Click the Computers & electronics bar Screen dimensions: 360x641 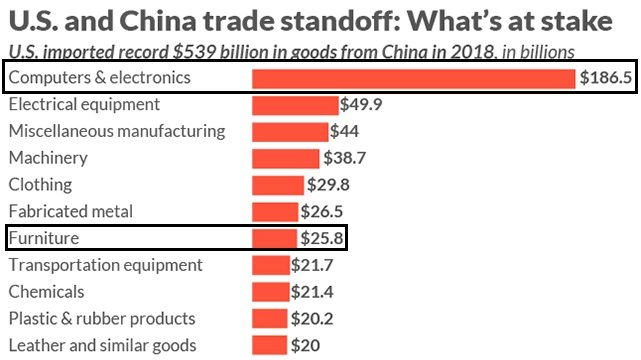(x=414, y=78)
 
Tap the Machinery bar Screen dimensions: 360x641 (x=286, y=158)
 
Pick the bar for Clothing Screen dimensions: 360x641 (x=278, y=185)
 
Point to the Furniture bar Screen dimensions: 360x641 (x=275, y=238)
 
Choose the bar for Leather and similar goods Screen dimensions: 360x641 (x=270, y=345)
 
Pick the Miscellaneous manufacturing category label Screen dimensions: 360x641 (x=117, y=131)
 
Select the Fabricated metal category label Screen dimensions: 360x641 (x=70, y=211)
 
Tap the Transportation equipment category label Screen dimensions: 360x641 (x=106, y=265)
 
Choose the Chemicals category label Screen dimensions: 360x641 (x=46, y=292)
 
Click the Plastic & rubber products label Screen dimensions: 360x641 (x=102, y=318)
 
